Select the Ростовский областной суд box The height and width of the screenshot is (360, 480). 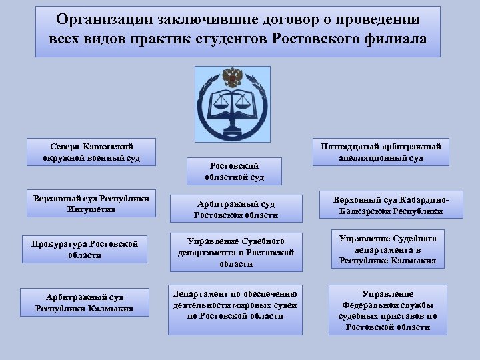(234, 171)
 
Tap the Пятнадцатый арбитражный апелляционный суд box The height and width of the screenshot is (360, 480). (381, 152)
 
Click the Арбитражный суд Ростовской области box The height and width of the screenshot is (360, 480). (234, 209)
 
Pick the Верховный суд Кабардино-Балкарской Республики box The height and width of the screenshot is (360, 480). (391, 206)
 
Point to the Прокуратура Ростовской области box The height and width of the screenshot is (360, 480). (84, 249)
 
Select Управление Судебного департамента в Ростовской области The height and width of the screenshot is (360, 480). (235, 252)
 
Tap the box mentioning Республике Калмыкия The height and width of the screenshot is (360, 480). (388, 249)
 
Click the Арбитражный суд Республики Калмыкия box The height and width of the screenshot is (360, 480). (85, 302)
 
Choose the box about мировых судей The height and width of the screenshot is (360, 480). (235, 305)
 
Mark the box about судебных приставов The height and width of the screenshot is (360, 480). (387, 310)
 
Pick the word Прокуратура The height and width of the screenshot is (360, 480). (58, 243)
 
